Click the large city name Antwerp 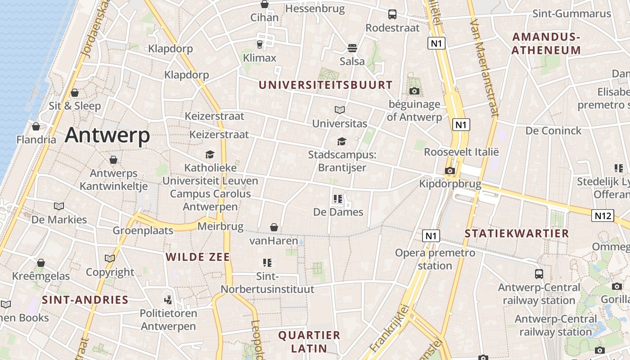(107, 135)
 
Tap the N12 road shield (603, 216)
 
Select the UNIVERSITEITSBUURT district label (325, 85)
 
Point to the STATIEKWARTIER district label (517, 234)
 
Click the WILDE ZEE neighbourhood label (198, 257)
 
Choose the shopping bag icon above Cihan (265, 4)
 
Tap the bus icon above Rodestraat (392, 14)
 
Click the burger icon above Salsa (352, 48)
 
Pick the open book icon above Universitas (340, 110)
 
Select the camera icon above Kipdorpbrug (450, 171)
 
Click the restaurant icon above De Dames (338, 199)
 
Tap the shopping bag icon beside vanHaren (274, 228)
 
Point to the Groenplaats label (143, 231)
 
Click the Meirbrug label (220, 226)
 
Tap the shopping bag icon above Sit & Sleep (75, 93)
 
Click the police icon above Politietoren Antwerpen (168, 300)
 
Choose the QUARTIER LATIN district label (309, 342)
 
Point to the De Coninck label (553, 131)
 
